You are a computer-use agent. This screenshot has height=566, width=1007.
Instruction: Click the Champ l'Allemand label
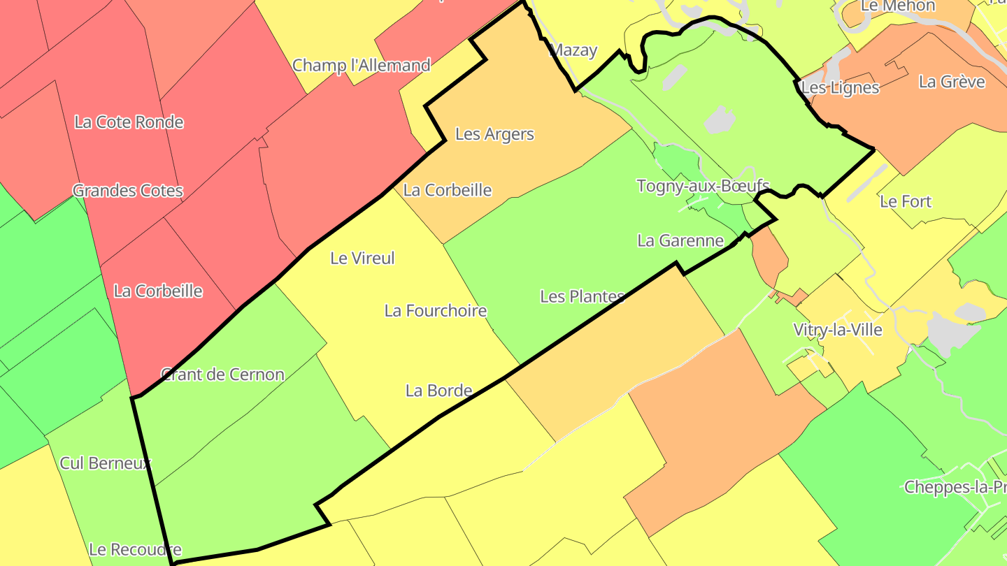tap(361, 66)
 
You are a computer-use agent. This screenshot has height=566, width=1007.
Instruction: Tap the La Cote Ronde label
tap(129, 122)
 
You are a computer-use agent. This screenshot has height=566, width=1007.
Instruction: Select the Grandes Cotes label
tap(128, 191)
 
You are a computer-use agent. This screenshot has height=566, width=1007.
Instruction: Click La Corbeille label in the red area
tap(158, 291)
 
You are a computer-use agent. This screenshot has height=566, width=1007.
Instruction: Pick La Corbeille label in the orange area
tap(448, 190)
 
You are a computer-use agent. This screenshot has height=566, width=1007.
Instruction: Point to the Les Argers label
tap(494, 134)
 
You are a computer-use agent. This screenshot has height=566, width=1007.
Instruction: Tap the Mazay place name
tap(573, 50)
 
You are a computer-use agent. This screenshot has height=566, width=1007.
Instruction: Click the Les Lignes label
tap(840, 88)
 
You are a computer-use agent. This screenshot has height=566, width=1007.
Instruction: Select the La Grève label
tap(952, 82)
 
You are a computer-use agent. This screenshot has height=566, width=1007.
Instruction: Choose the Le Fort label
tap(906, 202)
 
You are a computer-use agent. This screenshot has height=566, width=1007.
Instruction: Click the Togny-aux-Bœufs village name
tap(703, 187)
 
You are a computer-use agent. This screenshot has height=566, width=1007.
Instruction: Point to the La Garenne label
tap(680, 241)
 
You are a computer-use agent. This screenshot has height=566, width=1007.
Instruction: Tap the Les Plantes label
tap(582, 297)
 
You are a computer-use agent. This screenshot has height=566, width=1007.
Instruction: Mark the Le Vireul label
tap(362, 259)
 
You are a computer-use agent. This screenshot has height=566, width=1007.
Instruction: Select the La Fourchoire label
tap(435, 311)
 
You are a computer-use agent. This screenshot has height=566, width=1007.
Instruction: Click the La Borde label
tap(438, 391)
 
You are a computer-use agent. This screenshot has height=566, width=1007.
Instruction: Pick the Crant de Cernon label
tap(222, 375)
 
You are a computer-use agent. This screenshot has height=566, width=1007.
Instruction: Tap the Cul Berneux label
tap(105, 463)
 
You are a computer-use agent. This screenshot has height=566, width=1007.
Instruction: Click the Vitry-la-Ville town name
tap(838, 330)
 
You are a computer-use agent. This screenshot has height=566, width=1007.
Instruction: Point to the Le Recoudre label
tap(135, 549)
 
